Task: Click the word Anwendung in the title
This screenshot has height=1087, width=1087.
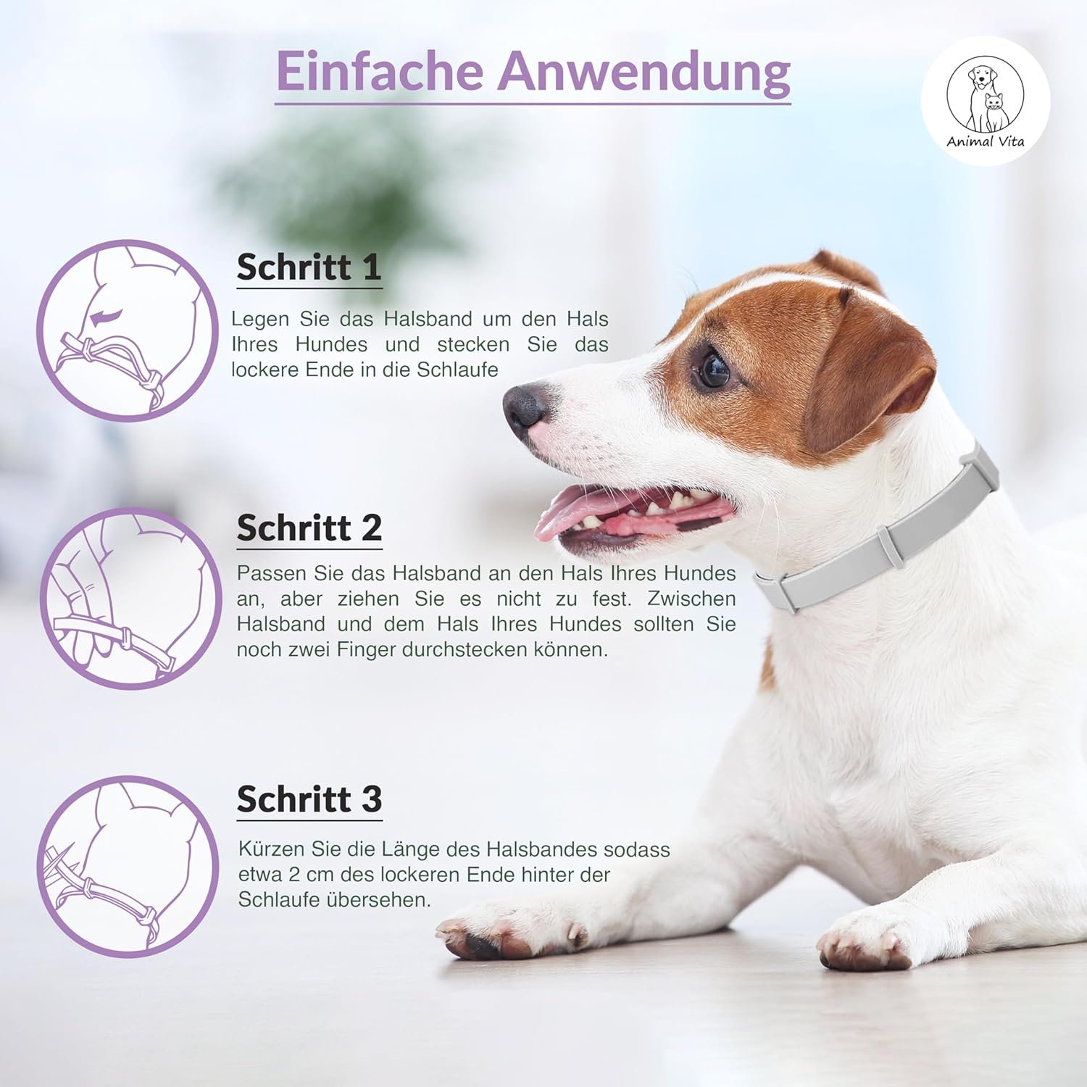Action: click(x=644, y=72)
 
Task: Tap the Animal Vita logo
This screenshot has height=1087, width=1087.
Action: click(x=986, y=101)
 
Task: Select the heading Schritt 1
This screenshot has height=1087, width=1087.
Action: click(x=309, y=267)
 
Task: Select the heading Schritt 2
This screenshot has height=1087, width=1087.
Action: click(x=309, y=528)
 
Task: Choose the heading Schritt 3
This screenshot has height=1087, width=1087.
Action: click(x=309, y=799)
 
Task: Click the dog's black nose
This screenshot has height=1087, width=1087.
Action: click(x=525, y=409)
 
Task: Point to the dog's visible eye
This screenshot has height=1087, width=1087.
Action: click(x=712, y=370)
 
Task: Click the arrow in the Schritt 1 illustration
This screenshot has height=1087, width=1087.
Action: click(x=107, y=315)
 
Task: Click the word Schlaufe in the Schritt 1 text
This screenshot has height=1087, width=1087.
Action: click(x=457, y=370)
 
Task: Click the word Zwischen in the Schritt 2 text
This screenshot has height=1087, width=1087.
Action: click(x=691, y=599)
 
